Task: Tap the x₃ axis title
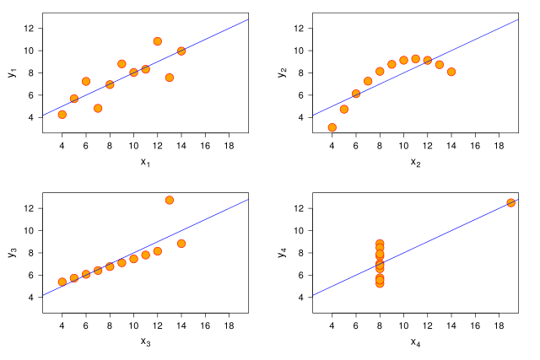click(x=145, y=341)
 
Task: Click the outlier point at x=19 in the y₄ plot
click(x=510, y=202)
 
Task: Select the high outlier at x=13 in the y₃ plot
click(x=170, y=200)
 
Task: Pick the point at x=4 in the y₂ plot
click(x=332, y=127)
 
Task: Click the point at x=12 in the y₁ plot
click(x=158, y=40)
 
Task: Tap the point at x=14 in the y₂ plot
click(x=451, y=72)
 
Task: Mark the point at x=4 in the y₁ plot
click(x=62, y=115)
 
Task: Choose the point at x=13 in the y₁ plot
click(x=170, y=78)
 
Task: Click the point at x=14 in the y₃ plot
click(x=181, y=244)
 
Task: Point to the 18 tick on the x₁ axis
click(x=229, y=144)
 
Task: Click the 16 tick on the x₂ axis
click(x=475, y=144)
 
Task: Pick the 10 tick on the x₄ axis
click(x=403, y=325)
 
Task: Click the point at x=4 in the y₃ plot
click(x=62, y=282)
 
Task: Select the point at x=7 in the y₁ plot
click(x=98, y=108)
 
